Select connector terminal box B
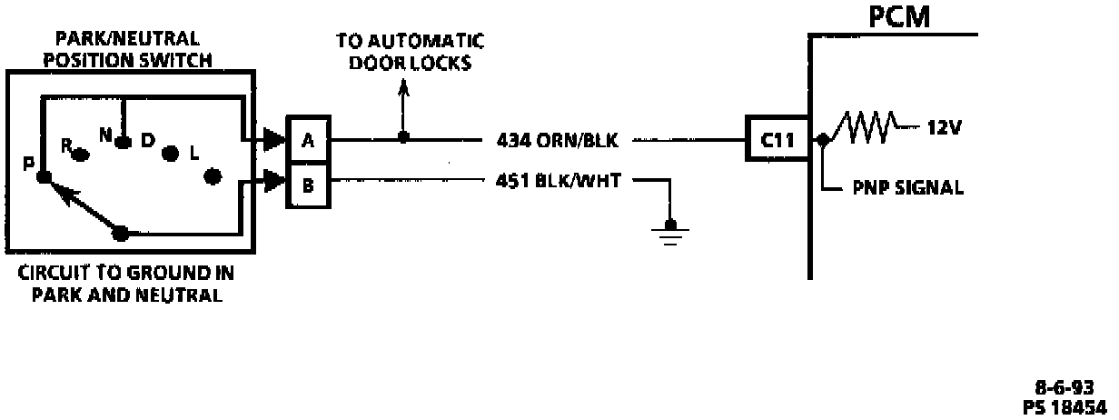[x=308, y=185]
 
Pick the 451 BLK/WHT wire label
[x=559, y=180]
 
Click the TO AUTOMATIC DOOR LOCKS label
[x=410, y=53]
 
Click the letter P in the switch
[x=28, y=164]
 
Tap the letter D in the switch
[x=148, y=139]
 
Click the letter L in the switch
[x=193, y=155]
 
